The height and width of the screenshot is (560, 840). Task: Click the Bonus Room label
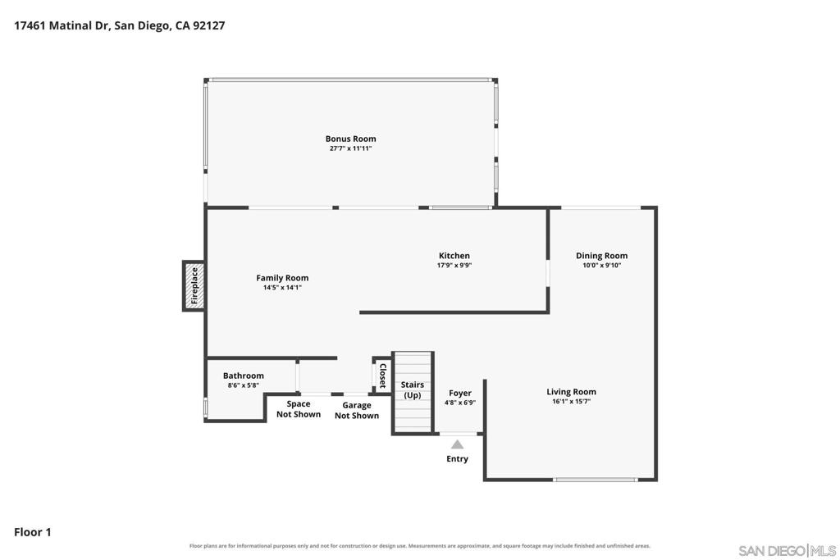(350, 139)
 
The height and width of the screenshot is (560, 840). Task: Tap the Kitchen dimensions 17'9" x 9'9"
(454, 265)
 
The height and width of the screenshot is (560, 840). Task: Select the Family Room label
(282, 278)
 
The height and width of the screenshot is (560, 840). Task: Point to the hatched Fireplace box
(194, 286)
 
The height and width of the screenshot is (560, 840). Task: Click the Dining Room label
(601, 256)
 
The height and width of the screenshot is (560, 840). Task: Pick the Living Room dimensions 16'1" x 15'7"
(571, 401)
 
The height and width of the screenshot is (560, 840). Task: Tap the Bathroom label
(243, 376)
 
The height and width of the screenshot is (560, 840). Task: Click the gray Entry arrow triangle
(457, 444)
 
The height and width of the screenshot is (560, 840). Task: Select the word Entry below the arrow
(457, 459)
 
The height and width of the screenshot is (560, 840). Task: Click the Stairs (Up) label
(413, 389)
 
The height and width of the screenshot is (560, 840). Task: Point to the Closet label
(383, 376)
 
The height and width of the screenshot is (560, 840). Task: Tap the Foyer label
(459, 393)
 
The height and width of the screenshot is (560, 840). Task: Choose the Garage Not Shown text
(357, 410)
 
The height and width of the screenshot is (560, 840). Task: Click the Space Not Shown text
(299, 409)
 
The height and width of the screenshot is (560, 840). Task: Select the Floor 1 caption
(33, 532)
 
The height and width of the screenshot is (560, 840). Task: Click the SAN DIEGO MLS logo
(787, 551)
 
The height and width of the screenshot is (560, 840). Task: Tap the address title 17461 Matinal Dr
(61, 25)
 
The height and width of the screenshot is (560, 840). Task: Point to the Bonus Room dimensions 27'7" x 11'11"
(350, 148)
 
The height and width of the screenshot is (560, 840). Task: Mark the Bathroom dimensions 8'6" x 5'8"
(243, 385)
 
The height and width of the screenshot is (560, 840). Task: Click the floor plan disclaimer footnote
(419, 546)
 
